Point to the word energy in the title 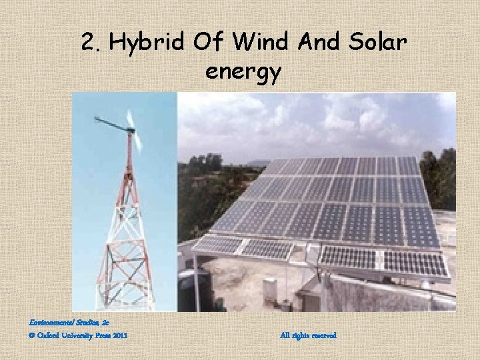[243, 71]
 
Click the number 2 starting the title [88, 43]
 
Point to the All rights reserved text [309, 335]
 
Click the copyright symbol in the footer [15, 335]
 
